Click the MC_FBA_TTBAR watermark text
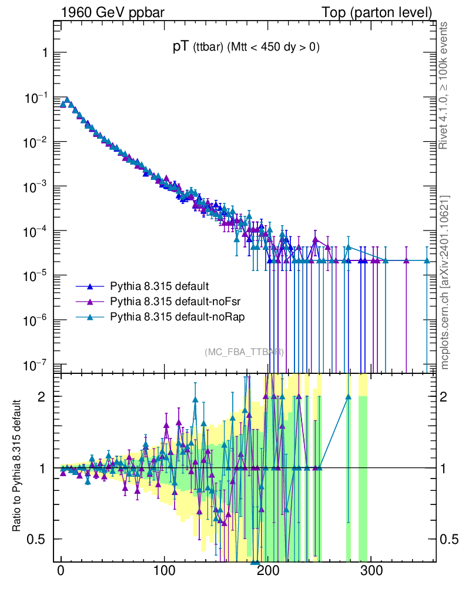[244, 352]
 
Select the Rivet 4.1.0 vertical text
[444, 86]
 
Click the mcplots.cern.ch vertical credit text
[444, 282]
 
